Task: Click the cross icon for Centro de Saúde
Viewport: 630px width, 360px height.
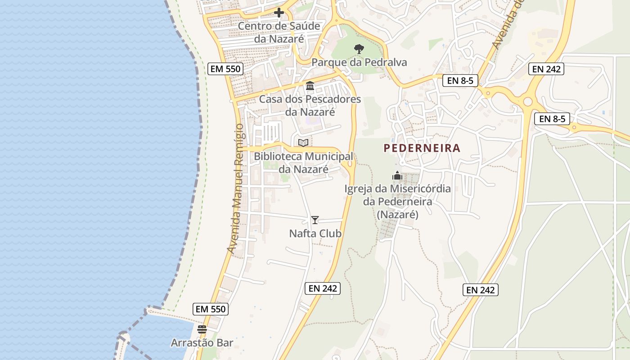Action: [279, 13]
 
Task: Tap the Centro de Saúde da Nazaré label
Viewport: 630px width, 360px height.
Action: [279, 32]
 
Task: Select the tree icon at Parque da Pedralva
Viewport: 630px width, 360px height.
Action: [359, 49]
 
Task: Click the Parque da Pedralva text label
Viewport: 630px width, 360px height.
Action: [359, 62]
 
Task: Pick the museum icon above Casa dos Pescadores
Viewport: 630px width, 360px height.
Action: [310, 85]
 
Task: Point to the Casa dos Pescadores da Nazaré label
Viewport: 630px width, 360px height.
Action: [310, 105]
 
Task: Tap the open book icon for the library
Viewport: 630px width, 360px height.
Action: [303, 143]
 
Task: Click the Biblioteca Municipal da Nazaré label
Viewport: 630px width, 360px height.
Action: [303, 163]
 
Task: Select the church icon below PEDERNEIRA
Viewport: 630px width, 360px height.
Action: [397, 175]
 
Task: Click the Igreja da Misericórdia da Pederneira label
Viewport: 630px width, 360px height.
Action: [398, 202]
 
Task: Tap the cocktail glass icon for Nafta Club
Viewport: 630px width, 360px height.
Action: [315, 220]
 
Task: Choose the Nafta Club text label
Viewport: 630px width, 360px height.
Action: [315, 234]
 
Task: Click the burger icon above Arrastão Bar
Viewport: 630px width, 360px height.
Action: [202, 329]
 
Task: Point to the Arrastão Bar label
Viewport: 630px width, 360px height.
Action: [202, 343]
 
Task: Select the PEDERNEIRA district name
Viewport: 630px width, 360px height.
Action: [422, 148]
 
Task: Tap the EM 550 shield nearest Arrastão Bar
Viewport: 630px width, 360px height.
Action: [211, 309]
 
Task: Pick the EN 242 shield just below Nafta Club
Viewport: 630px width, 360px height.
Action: [323, 288]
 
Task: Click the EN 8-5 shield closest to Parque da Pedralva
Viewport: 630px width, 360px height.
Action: [460, 81]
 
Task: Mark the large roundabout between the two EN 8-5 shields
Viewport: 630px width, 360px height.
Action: [527, 102]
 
